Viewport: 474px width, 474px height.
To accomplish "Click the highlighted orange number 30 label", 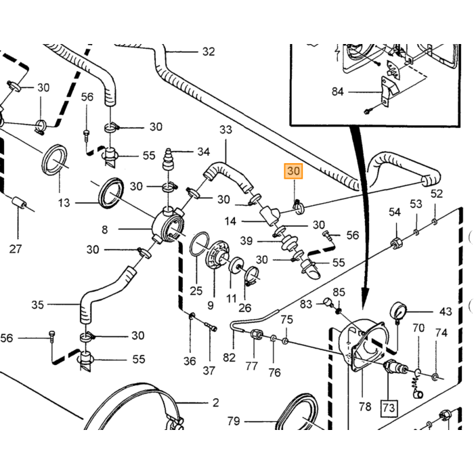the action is coord(293,171).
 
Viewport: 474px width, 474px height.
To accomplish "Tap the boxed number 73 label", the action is coord(389,408).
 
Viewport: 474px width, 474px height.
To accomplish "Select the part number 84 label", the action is coord(338,91).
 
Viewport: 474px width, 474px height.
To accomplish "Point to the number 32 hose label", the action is coord(209,51).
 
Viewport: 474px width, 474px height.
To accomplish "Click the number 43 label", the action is coord(446,311).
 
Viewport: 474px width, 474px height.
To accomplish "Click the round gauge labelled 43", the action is coord(398,310).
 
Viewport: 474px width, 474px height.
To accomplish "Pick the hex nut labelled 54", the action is coord(395,242).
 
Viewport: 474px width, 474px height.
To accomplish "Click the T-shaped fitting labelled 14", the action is coord(270,215).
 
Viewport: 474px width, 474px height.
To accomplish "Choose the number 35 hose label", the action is coord(37,305).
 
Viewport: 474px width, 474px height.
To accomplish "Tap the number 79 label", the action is coord(234,421).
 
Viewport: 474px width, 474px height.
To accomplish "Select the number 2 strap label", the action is coord(215,403).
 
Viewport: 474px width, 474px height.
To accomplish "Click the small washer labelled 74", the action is coord(435,376).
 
